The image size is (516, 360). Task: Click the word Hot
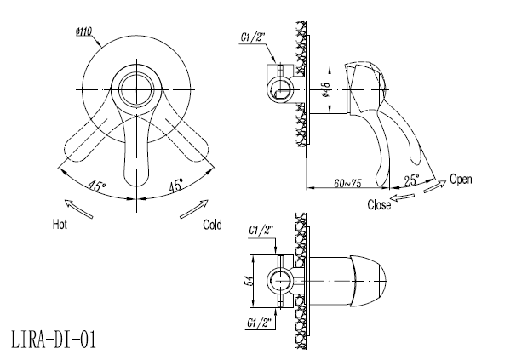[60, 225]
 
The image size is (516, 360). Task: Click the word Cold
[212, 225]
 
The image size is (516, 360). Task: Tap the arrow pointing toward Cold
[194, 208]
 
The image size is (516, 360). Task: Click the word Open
[461, 180]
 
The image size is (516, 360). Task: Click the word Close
[379, 204]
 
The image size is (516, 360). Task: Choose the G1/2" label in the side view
[254, 37]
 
